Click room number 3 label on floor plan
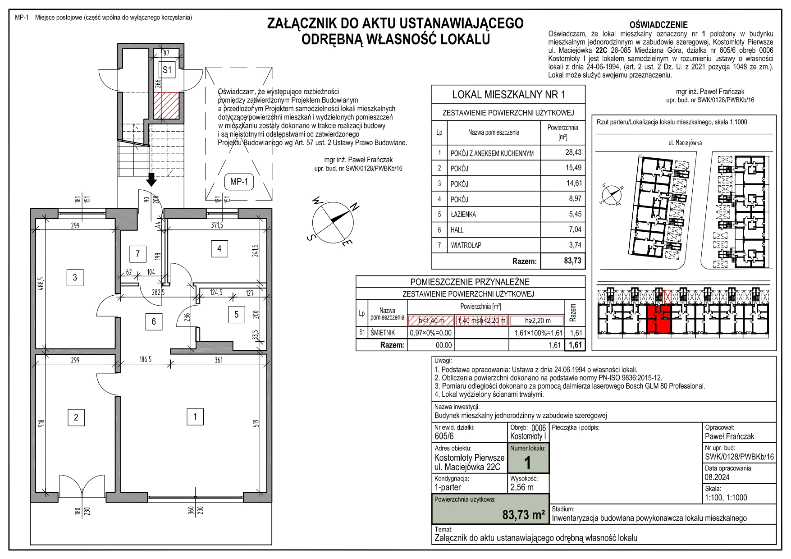[75, 277]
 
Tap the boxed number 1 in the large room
[195, 417]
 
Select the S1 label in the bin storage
[167, 70]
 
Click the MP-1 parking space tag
[239, 182]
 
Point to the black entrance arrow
[152, 179]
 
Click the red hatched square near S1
[166, 105]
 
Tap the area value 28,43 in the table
[573, 152]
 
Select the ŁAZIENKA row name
[463, 215]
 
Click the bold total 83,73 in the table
[572, 261]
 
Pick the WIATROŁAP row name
[466, 245]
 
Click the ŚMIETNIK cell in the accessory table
[383, 333]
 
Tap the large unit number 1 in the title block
[527, 463]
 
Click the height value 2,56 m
[521, 487]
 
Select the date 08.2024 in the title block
[717, 477]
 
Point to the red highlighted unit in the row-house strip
[659, 319]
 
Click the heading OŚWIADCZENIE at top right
[658, 25]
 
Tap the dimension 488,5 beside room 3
[41, 284]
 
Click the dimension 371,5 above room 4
[217, 225]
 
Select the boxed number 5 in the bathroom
[236, 315]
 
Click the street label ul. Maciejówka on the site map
[685, 142]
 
